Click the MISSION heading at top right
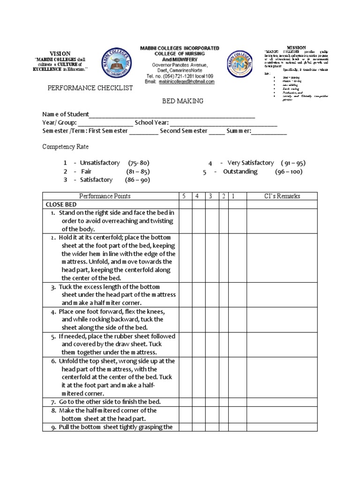tap(296, 47)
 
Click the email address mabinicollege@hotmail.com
tap(180, 81)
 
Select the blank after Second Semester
tap(217, 132)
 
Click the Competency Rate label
tap(65, 147)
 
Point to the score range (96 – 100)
tap(288, 172)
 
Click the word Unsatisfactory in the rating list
tap(100, 163)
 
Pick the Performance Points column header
tap(105, 196)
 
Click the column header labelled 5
tap(185, 196)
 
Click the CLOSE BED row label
tap(61, 205)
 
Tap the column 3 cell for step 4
tap(212, 319)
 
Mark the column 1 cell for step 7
tap(237, 402)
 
